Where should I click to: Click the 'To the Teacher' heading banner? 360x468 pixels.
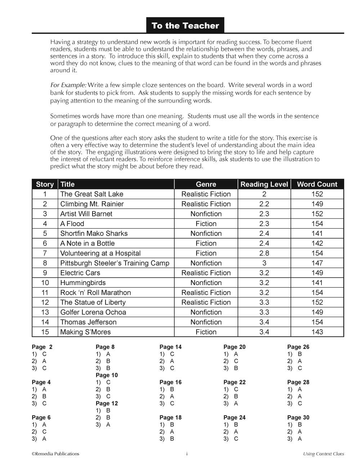coord(185,26)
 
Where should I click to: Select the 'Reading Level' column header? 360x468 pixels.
coord(264,184)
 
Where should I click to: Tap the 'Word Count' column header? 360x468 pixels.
coord(317,184)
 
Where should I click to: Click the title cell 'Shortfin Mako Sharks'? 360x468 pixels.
coord(94,233)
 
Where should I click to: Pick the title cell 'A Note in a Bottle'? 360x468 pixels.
coord(87,243)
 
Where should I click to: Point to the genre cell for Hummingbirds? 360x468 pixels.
coord(206,283)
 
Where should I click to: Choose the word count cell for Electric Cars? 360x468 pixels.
coord(317,273)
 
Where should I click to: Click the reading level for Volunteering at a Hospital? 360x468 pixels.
coord(264,253)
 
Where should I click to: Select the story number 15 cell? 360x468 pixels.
coord(45,332)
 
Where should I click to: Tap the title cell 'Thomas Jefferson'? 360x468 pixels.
coord(89,322)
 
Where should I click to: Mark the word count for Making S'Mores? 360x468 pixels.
coord(317,332)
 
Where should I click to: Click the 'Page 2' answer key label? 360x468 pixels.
coord(42,347)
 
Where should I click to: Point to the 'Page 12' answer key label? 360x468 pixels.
coord(107,404)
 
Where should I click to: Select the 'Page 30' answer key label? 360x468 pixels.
coord(298,418)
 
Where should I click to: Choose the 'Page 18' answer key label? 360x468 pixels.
coord(170,418)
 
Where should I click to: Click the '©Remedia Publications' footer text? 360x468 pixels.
coord(55,454)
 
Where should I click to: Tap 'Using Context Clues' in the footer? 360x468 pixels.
coord(323,454)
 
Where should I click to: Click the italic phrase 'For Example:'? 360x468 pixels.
coord(68,85)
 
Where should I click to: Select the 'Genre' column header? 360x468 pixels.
coord(206,184)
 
